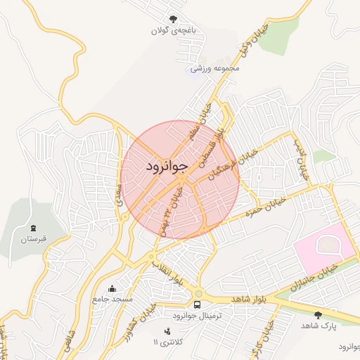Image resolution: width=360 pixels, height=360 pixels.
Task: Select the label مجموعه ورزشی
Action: click(216, 68)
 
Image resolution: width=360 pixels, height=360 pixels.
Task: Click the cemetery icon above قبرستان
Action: click(33, 227)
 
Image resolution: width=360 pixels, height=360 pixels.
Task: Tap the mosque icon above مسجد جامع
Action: click(112, 288)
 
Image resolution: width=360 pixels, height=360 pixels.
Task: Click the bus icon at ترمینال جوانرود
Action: click(198, 305)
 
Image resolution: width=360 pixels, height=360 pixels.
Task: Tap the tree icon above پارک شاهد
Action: click(319, 315)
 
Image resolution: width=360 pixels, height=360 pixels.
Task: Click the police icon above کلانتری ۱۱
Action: click(167, 330)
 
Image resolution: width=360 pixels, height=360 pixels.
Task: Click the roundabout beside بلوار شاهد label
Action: click(198, 294)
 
